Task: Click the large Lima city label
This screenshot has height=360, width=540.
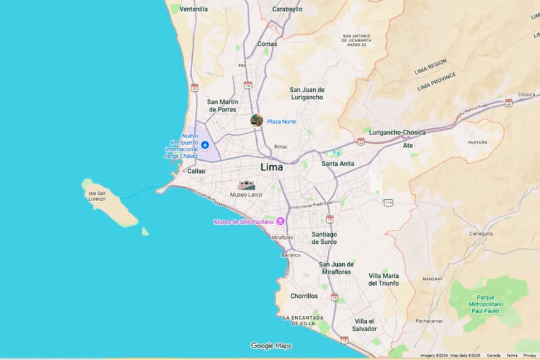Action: click(272, 168)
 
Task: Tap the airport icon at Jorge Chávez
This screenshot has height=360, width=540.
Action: click(205, 145)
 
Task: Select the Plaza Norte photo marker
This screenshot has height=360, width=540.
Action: click(256, 121)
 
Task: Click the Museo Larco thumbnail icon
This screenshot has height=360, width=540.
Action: click(246, 185)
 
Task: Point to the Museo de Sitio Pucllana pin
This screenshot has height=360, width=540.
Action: click(281, 221)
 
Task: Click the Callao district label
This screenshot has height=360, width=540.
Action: click(196, 171)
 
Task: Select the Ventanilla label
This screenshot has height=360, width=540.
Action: click(193, 9)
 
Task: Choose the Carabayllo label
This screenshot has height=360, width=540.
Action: click(287, 9)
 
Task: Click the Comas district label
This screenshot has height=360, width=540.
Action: click(267, 44)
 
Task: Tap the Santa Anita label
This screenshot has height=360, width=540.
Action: click(338, 164)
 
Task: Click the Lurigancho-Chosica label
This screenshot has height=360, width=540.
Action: click(397, 133)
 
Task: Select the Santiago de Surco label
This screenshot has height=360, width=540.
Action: click(324, 237)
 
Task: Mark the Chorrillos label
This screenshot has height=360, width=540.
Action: click(304, 296)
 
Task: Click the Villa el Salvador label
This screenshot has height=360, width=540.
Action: click(364, 325)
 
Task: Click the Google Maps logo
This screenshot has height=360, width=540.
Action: click(271, 346)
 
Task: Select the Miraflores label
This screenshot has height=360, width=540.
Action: click(282, 237)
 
